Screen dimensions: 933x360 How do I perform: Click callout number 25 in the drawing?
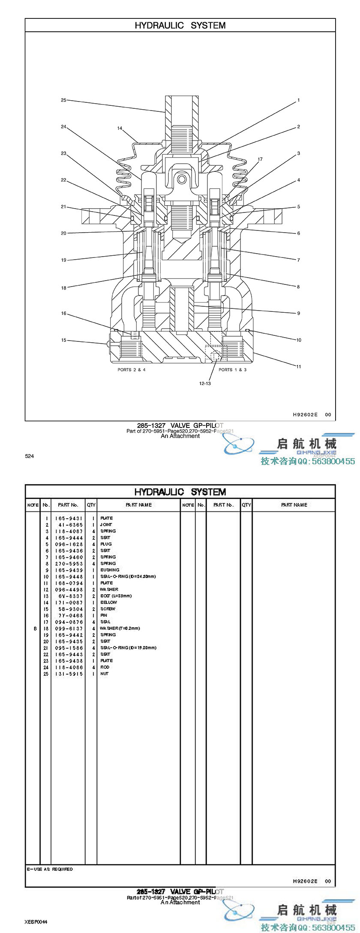click(x=63, y=100)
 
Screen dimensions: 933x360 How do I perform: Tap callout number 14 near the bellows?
click(x=120, y=128)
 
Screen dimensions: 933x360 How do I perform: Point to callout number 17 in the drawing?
click(x=260, y=159)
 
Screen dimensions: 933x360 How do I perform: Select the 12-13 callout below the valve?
click(x=205, y=383)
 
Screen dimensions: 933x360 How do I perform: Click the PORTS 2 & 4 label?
click(x=132, y=370)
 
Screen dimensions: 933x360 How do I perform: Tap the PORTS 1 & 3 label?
click(x=233, y=370)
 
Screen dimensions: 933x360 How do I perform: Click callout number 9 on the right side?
click(x=299, y=313)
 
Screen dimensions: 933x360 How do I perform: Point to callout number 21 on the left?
click(x=63, y=206)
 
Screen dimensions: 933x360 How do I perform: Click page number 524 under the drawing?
click(x=29, y=456)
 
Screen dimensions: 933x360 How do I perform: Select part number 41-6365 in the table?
click(x=69, y=525)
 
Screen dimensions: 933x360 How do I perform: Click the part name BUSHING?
click(x=110, y=570)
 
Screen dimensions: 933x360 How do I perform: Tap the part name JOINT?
click(x=106, y=525)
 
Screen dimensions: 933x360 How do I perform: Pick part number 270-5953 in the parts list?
click(x=69, y=564)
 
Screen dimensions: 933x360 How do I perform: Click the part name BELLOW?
click(x=109, y=602)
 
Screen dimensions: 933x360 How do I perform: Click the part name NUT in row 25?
click(x=105, y=674)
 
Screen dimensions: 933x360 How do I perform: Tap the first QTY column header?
click(x=91, y=505)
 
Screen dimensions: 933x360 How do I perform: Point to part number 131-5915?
click(x=69, y=674)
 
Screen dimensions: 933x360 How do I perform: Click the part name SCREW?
click(x=108, y=609)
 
